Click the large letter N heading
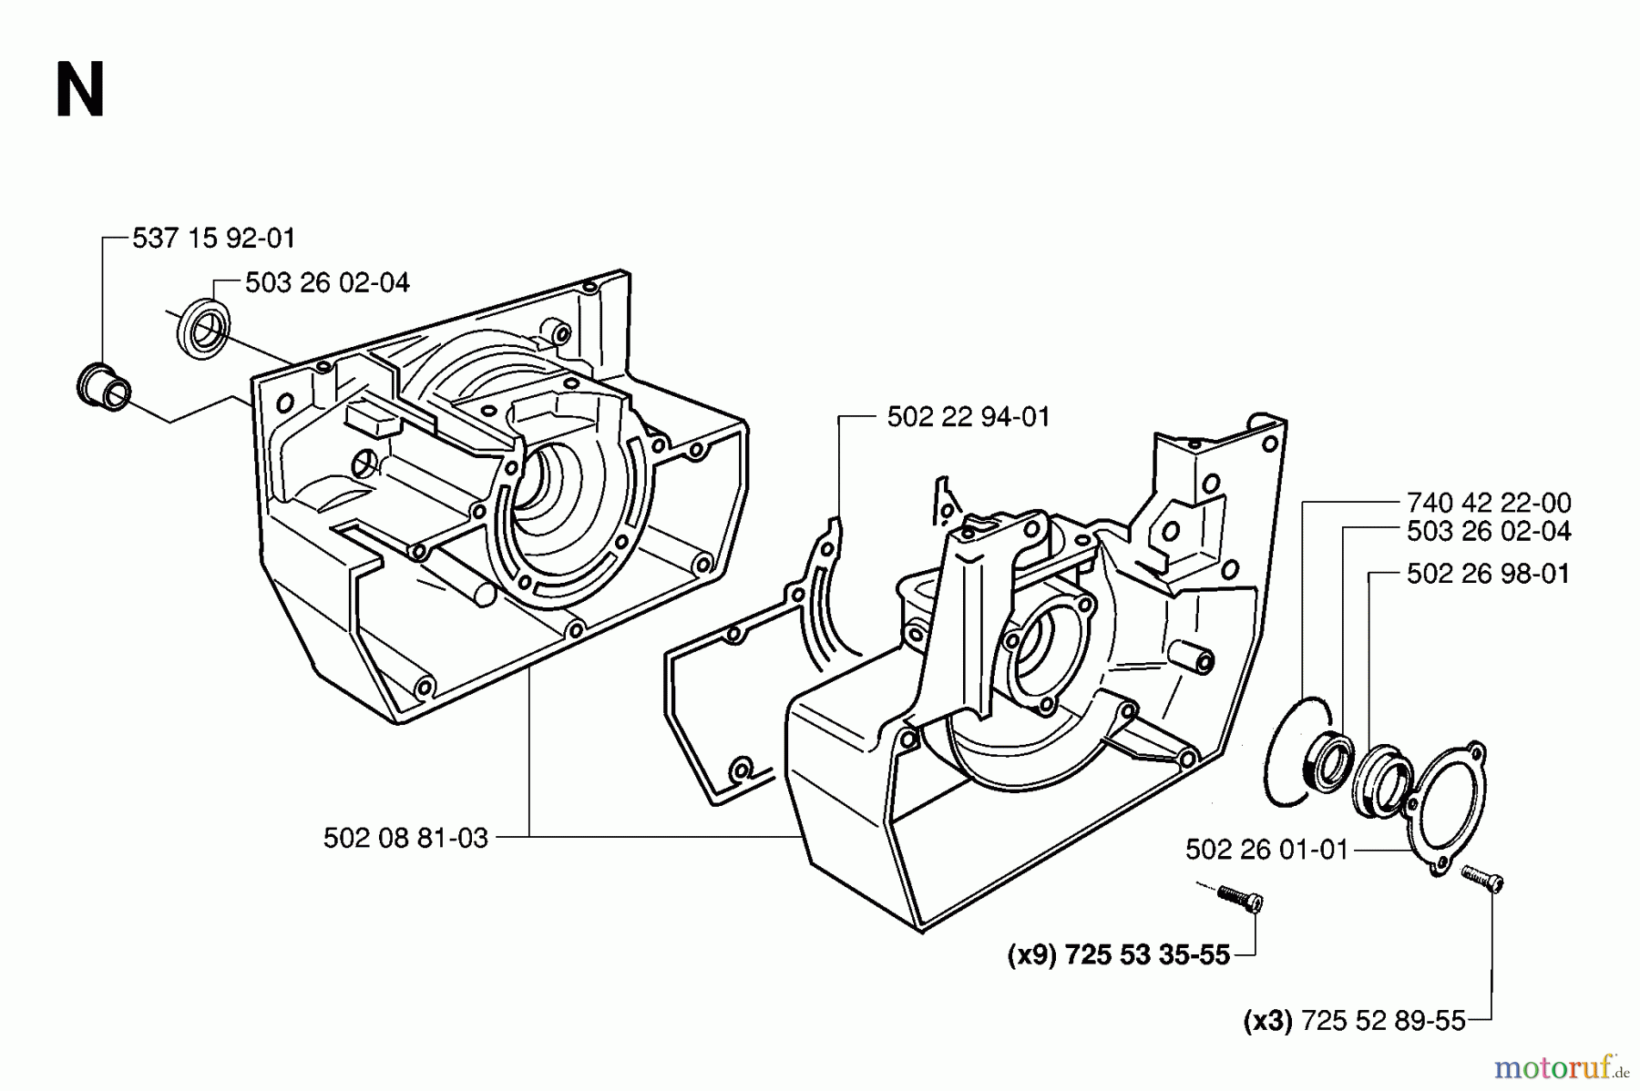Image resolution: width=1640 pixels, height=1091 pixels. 80,90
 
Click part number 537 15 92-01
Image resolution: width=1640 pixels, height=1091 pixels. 214,239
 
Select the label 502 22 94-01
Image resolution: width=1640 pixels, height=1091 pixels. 969,417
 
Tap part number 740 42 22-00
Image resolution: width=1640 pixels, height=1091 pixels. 1489,503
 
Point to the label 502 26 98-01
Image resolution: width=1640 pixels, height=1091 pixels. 1489,574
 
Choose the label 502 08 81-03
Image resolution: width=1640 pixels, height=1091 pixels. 405,838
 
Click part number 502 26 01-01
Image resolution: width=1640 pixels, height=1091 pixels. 1266,850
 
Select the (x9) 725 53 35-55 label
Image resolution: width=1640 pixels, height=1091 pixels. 1119,954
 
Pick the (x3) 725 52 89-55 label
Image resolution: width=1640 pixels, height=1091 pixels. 1355,1021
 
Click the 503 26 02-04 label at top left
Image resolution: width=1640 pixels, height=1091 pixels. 327,283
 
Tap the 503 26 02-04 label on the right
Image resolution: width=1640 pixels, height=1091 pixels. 1489,531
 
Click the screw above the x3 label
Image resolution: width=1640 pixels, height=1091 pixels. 1482,879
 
